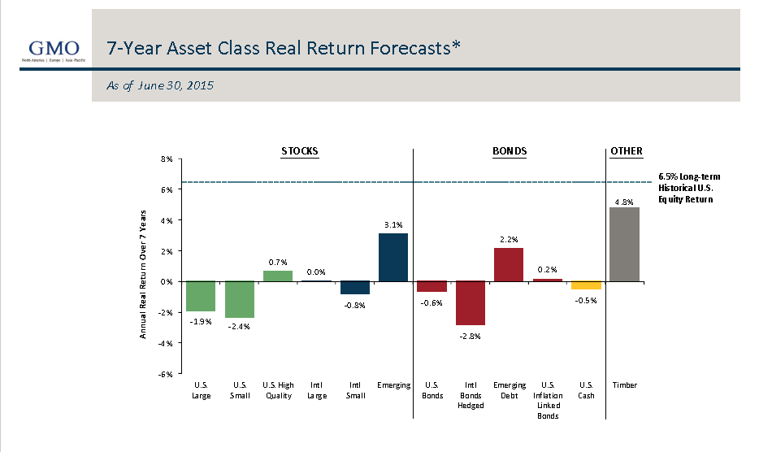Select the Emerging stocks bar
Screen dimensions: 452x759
(x=393, y=258)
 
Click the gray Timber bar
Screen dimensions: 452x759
(x=624, y=245)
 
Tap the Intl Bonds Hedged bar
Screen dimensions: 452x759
(x=470, y=303)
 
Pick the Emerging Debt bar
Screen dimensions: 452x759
(x=508, y=265)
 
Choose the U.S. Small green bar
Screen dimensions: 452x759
(x=240, y=299)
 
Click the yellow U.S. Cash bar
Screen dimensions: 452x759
(x=586, y=285)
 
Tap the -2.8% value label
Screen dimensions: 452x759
(x=470, y=336)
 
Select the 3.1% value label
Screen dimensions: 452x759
(x=393, y=225)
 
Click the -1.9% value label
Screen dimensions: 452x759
(x=201, y=322)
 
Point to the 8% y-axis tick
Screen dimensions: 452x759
(x=167, y=159)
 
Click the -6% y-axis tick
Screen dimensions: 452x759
(x=165, y=374)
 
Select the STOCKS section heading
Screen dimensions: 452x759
(x=299, y=151)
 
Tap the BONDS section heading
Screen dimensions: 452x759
(x=510, y=151)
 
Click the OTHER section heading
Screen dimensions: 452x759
(x=626, y=151)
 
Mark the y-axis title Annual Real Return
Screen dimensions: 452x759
(x=143, y=273)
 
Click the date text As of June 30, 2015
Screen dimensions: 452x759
(x=159, y=85)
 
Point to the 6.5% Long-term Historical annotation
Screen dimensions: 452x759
(x=689, y=188)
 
